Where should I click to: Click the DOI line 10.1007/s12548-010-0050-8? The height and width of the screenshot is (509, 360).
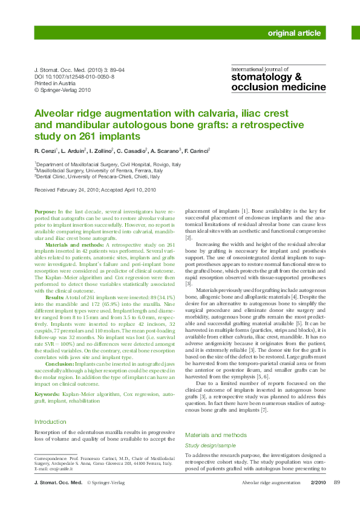[x=74, y=77]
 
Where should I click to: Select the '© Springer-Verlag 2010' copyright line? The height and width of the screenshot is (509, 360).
[x=62, y=90]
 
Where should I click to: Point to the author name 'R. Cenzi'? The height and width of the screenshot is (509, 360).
[x=45, y=150]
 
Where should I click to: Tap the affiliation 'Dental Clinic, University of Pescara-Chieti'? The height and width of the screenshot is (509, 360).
[x=97, y=177]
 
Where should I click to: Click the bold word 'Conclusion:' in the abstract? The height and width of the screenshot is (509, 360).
[x=60, y=365]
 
